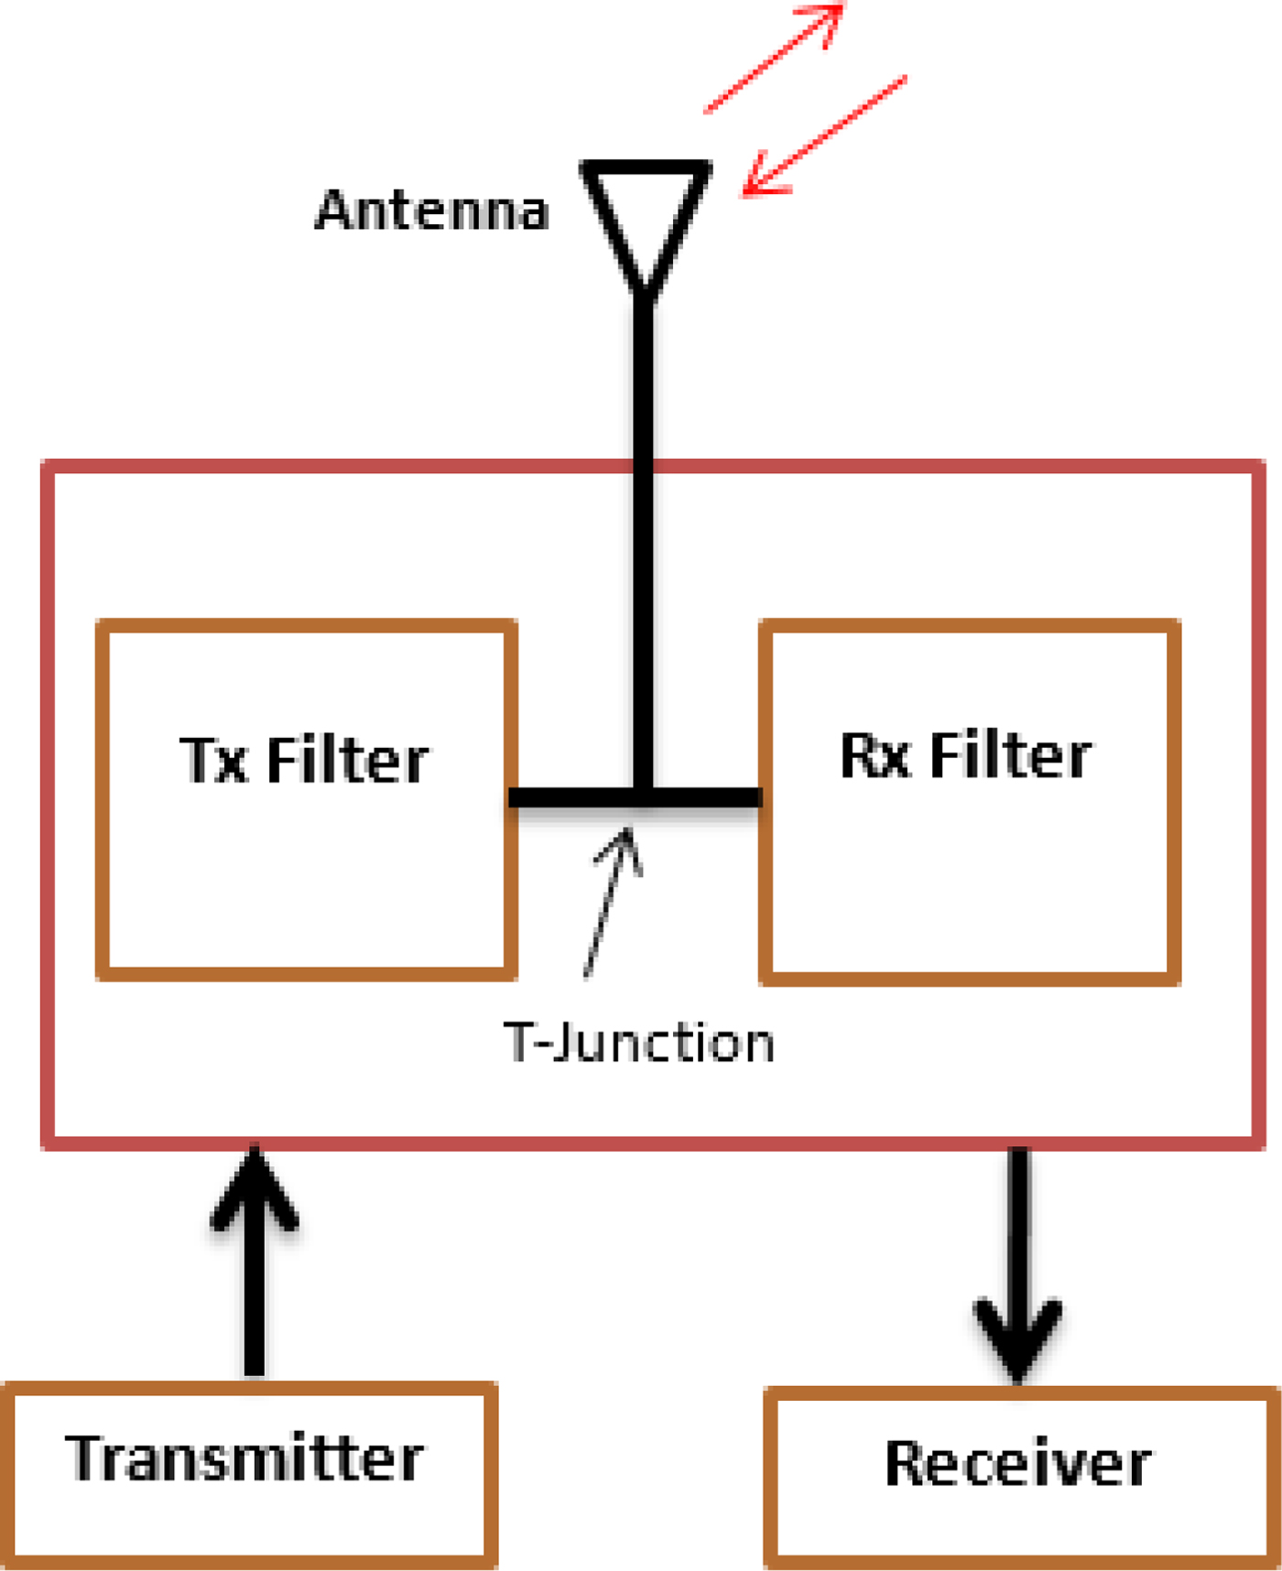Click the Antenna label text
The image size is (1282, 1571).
[x=431, y=210]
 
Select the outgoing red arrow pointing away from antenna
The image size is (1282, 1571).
[x=775, y=57]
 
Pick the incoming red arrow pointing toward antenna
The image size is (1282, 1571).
[x=824, y=135]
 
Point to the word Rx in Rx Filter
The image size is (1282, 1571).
[x=875, y=755]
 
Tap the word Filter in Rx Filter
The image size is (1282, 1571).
[x=1011, y=755]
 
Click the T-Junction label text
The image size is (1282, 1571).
[x=639, y=1043]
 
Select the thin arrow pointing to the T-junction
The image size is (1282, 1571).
[x=612, y=903]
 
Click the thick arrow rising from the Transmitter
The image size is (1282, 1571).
[x=255, y=1260]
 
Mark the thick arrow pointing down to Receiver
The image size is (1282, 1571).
[x=1018, y=1264]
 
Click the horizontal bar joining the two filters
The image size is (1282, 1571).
[x=636, y=797]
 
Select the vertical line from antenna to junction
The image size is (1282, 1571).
[x=645, y=540]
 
